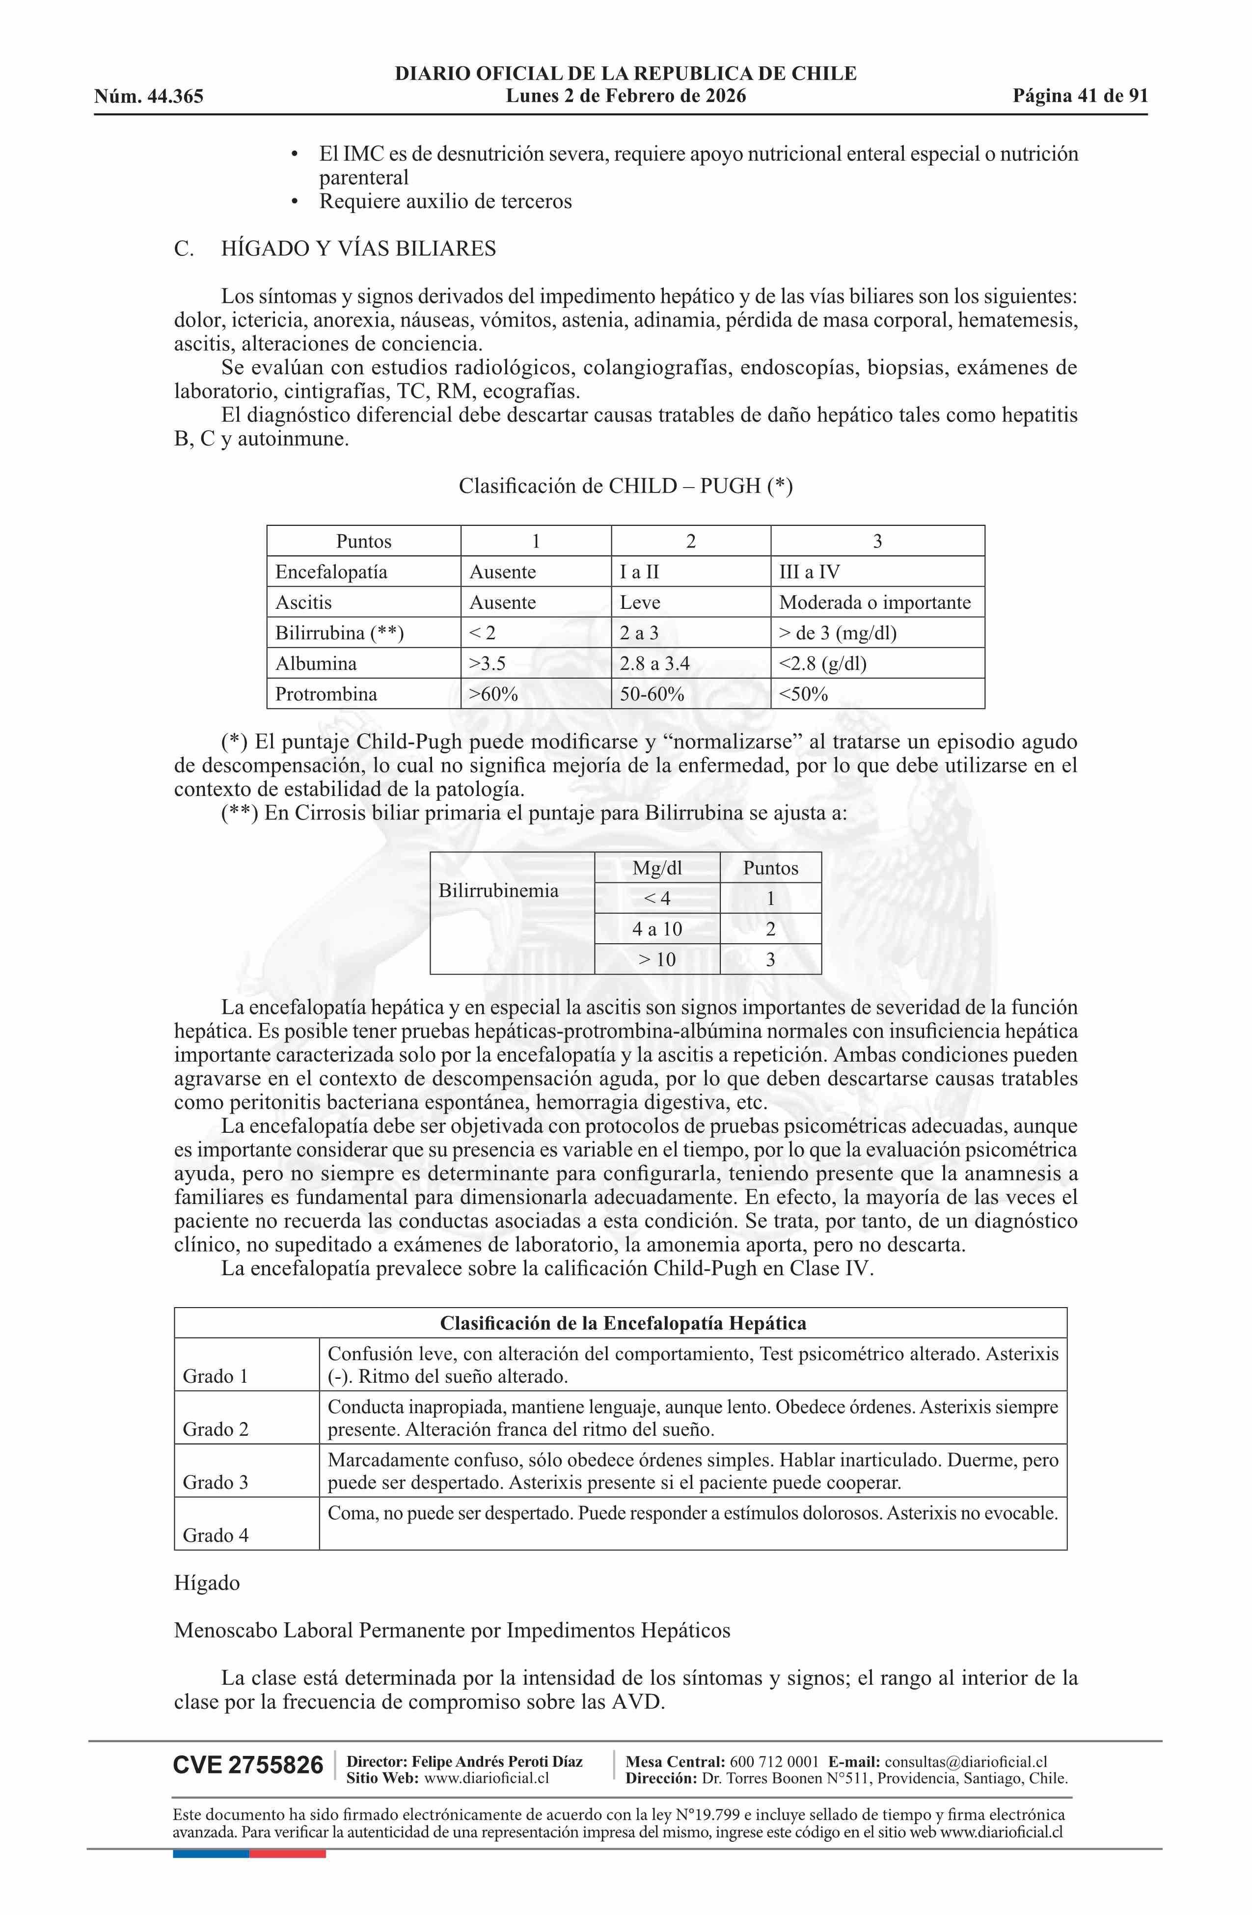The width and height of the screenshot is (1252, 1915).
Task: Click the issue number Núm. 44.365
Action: click(x=148, y=97)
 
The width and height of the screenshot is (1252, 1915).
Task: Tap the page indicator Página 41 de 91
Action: click(x=1080, y=96)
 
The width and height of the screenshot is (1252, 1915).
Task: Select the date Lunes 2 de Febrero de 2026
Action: click(x=625, y=96)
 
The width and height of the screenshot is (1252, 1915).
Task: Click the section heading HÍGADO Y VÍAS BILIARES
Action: click(x=358, y=248)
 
